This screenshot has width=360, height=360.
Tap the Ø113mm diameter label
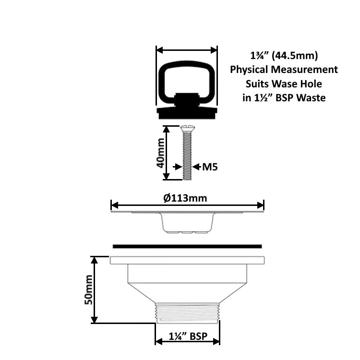click(187, 198)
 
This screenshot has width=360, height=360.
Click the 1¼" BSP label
click(187, 336)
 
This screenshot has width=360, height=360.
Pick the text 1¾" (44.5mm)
click(284, 55)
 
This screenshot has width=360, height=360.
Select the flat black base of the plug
click(187, 113)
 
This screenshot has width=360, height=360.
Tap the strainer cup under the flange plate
click(187, 224)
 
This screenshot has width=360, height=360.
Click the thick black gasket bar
click(187, 246)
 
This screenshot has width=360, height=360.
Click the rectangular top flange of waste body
click(187, 260)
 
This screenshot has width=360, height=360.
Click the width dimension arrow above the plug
click(187, 50)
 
